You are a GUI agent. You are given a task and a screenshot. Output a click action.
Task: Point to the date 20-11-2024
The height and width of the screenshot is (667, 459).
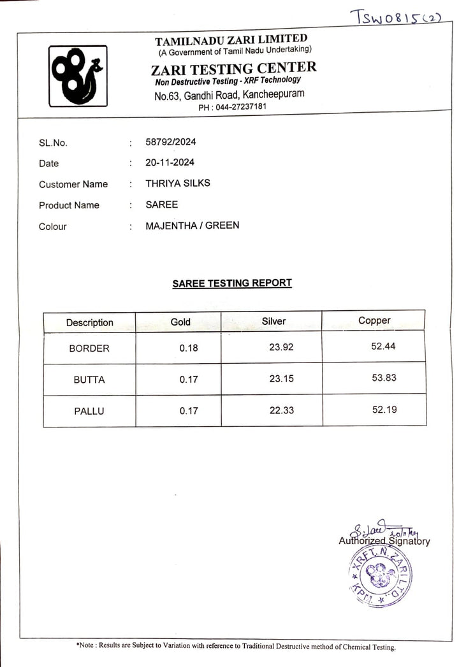[x=170, y=162]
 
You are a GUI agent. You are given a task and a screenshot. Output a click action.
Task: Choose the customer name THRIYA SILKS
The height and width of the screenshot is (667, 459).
[x=178, y=183]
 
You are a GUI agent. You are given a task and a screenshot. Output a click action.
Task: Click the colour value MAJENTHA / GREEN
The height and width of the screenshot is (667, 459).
[x=193, y=225]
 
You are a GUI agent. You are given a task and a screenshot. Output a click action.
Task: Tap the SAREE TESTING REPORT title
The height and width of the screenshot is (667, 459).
[x=232, y=283]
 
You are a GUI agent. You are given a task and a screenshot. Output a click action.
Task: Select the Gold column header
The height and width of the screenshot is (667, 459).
[x=180, y=322]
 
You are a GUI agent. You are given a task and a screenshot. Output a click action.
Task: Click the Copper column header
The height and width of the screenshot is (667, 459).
[x=374, y=320]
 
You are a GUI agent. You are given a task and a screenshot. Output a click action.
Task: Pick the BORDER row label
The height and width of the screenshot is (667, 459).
[x=89, y=348]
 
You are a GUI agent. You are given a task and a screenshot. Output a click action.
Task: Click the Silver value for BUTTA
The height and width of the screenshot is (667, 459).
[x=281, y=378]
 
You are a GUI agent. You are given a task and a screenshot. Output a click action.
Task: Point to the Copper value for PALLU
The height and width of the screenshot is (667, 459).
[x=384, y=410]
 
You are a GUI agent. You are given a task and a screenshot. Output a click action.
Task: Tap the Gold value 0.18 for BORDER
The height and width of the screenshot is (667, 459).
[x=188, y=348]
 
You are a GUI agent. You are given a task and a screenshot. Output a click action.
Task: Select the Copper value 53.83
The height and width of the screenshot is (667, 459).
[x=384, y=377]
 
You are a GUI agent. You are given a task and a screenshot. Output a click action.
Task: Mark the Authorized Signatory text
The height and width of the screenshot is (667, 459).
[x=384, y=541]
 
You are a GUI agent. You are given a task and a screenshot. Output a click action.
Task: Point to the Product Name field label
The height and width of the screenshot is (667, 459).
[x=69, y=205]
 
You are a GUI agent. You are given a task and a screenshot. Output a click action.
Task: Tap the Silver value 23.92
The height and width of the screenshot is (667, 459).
[x=281, y=347]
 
